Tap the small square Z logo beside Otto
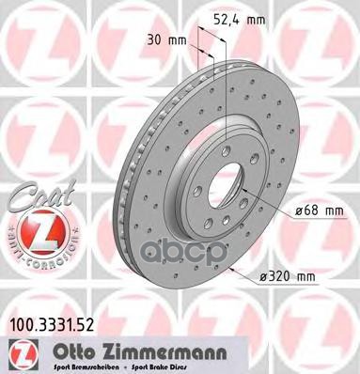click(20, 353)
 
